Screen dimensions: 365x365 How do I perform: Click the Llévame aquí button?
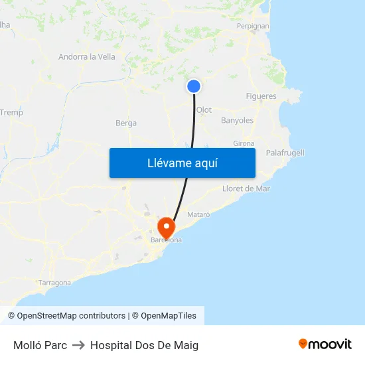coord(182,163)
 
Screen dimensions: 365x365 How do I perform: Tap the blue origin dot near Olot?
coord(194,86)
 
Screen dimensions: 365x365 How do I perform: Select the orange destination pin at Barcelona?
coord(165,227)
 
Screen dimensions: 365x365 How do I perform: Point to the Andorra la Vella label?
coord(87,57)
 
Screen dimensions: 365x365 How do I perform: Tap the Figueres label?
coord(261,96)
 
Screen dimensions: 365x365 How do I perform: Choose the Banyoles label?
coord(237,121)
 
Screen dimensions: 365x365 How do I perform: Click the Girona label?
coord(244,143)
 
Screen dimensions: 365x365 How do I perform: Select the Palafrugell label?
coord(285,153)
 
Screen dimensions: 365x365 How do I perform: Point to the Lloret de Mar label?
coord(246,188)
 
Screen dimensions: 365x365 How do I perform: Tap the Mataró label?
coord(198,214)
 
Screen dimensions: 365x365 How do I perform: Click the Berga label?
coord(126,123)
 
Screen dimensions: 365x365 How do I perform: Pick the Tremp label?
coord(11,113)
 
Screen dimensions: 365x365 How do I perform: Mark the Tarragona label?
coord(54,283)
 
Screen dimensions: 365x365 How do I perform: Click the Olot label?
coord(204,110)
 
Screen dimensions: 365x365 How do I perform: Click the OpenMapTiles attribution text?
coord(169,316)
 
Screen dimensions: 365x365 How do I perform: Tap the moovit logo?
coord(325,344)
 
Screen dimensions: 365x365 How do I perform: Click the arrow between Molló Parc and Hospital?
coord(78,345)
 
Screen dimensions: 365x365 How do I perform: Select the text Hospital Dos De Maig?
coord(144,345)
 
